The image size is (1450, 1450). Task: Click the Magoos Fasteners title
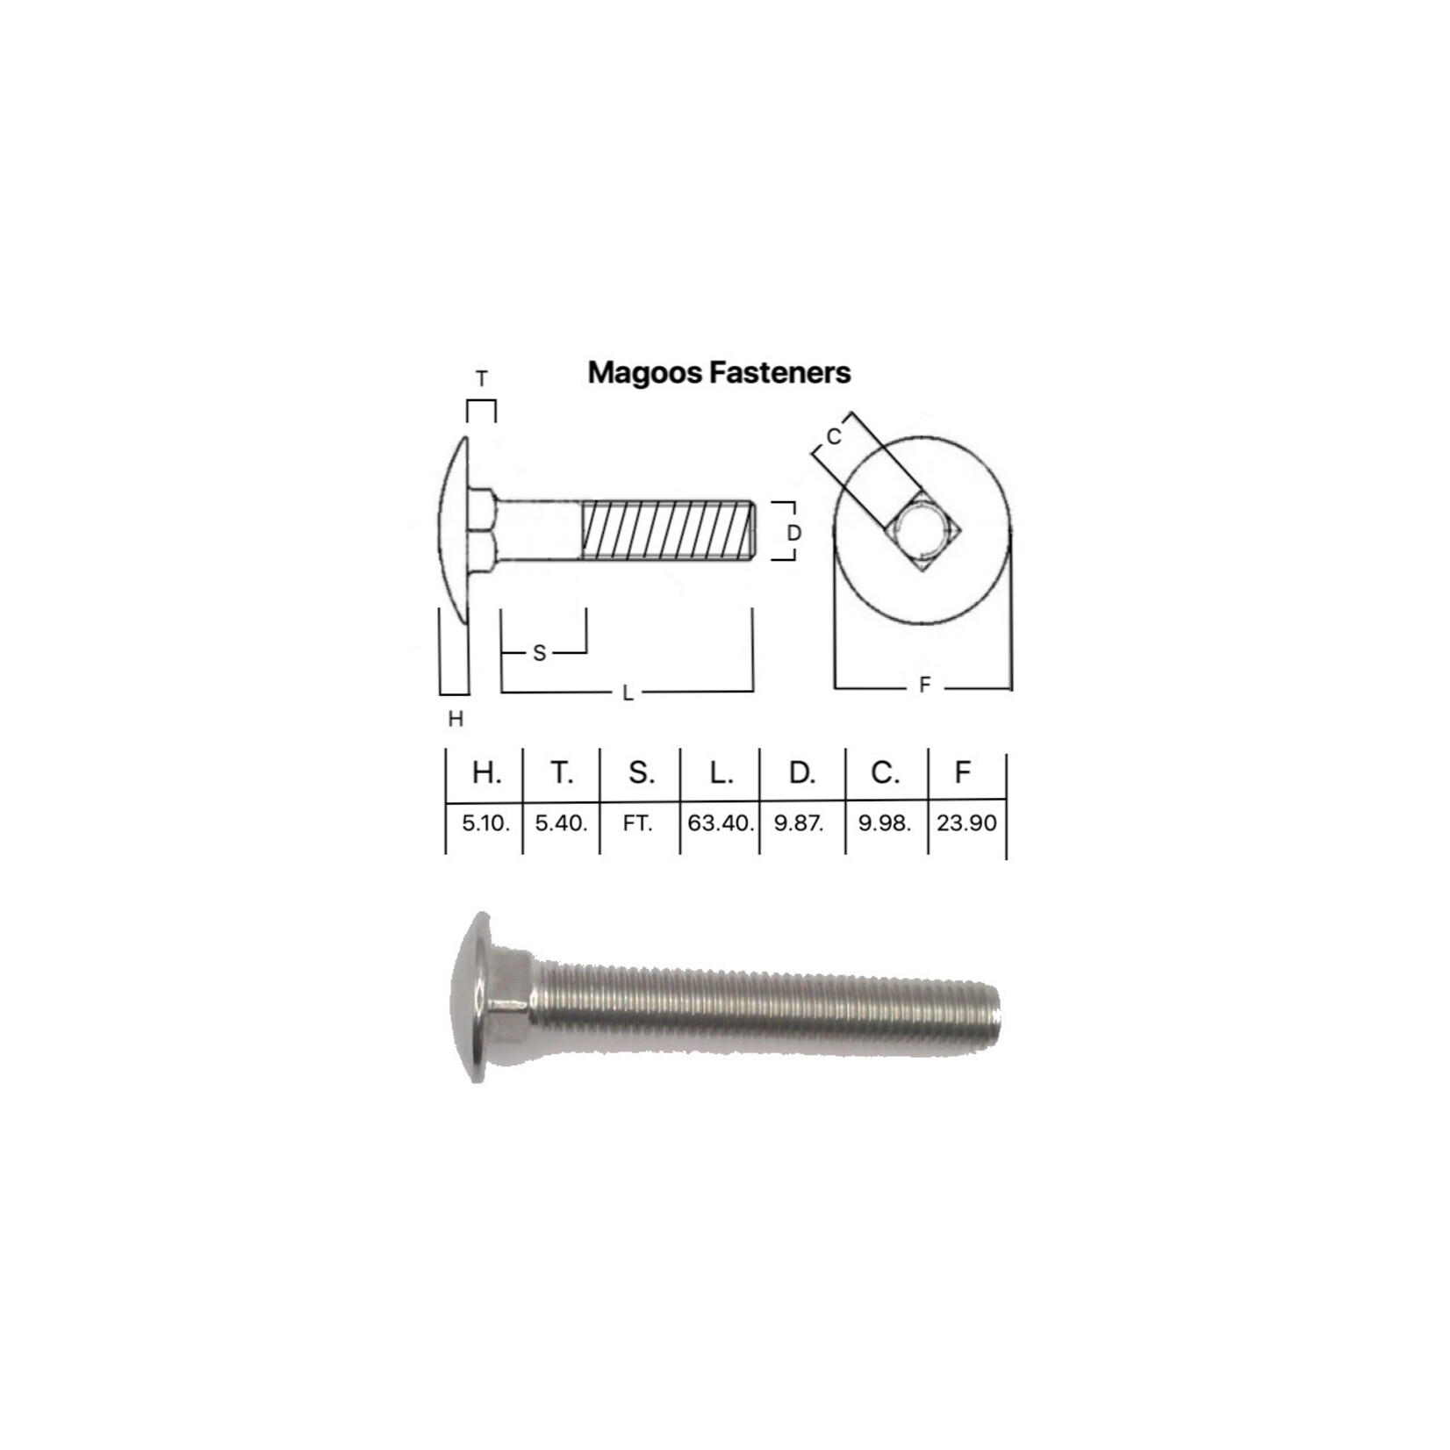pyautogui.click(x=719, y=372)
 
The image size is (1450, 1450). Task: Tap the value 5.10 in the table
pyautogui.click(x=485, y=823)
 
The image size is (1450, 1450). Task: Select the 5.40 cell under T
pyautogui.click(x=561, y=823)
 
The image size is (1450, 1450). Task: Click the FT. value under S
pyautogui.click(x=638, y=823)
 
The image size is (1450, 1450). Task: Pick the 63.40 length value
pyautogui.click(x=720, y=823)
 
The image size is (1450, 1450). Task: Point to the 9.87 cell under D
pyautogui.click(x=799, y=823)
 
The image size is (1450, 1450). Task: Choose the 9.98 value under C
pyautogui.click(x=885, y=823)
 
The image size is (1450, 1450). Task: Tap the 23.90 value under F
pyautogui.click(x=966, y=823)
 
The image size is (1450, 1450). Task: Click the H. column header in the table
pyautogui.click(x=486, y=772)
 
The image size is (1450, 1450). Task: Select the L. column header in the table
pyautogui.click(x=721, y=772)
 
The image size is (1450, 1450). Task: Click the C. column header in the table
pyautogui.click(x=885, y=772)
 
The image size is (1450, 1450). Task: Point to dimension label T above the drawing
pyautogui.click(x=481, y=379)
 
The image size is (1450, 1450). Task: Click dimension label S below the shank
pyautogui.click(x=540, y=653)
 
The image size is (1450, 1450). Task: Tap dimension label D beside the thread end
pyautogui.click(x=793, y=533)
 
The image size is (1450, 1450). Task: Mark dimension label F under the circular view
pyautogui.click(x=924, y=686)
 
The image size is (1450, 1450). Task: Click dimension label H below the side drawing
pyautogui.click(x=456, y=719)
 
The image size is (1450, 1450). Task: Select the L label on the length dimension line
pyautogui.click(x=628, y=693)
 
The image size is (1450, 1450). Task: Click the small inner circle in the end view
pyautogui.click(x=922, y=530)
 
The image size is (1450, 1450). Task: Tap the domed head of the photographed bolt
pyautogui.click(x=470, y=997)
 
